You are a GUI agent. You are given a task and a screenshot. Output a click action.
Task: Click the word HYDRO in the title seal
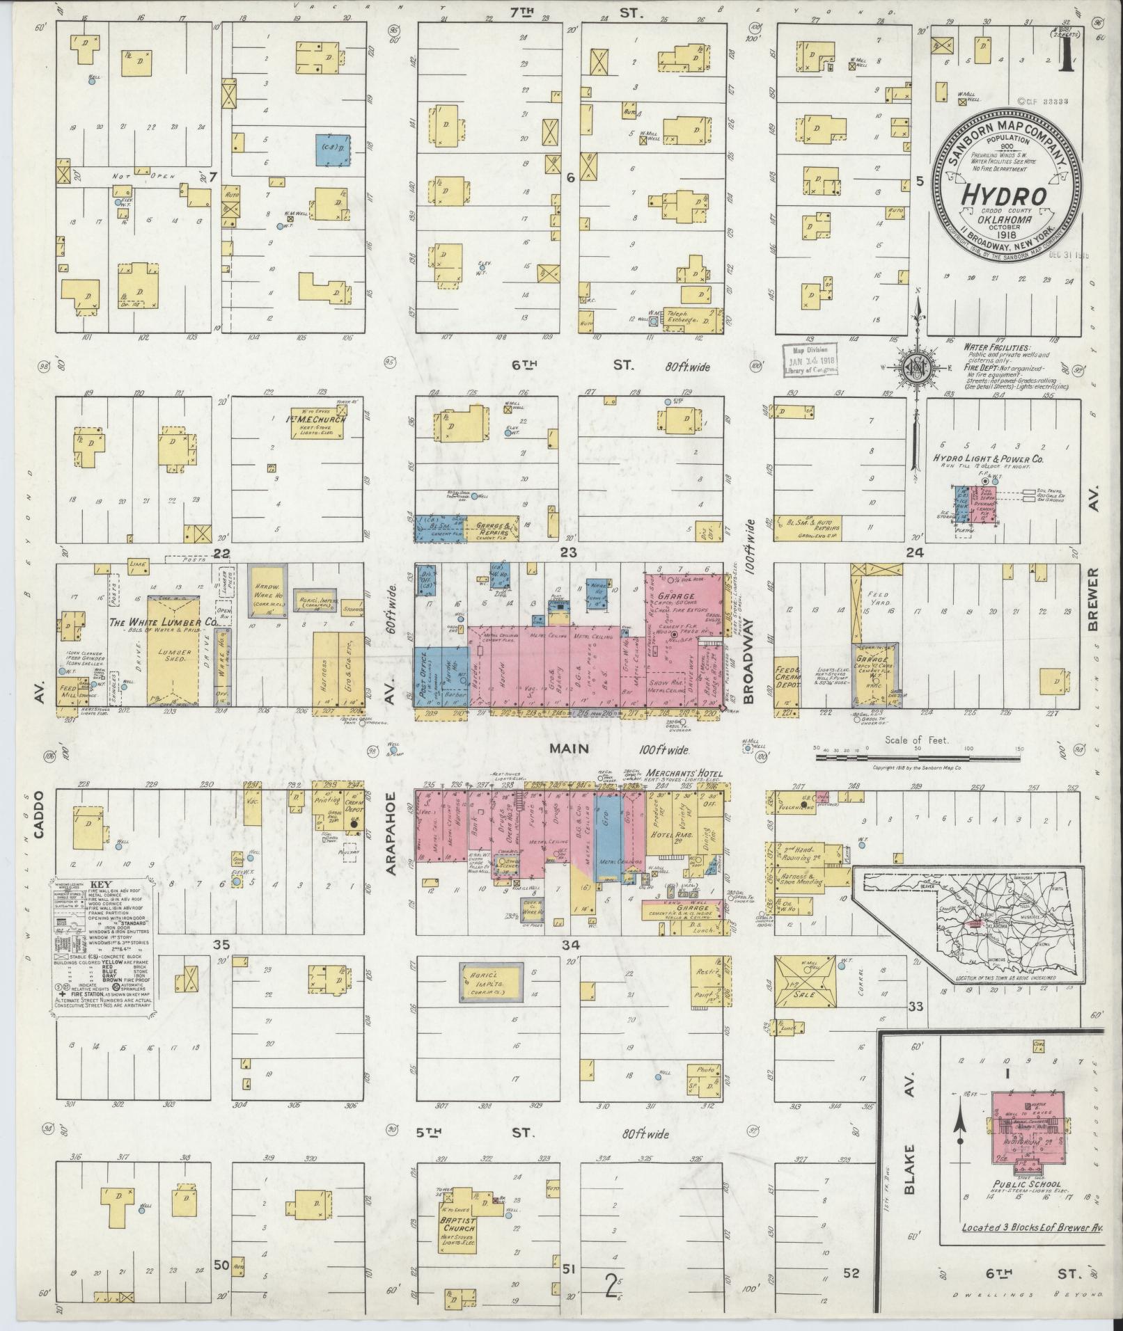tap(1003, 196)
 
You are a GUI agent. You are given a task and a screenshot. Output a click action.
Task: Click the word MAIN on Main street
tap(570, 749)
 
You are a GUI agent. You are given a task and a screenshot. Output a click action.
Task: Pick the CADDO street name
tap(38, 823)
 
